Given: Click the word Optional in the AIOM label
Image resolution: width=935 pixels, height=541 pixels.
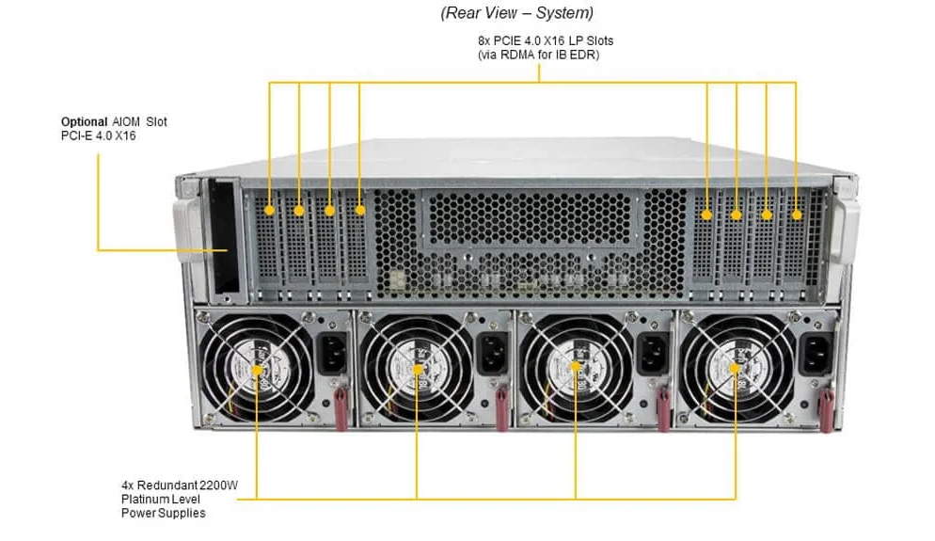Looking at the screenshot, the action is [84, 121].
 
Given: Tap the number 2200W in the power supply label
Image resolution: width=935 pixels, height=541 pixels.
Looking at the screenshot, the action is [219, 485].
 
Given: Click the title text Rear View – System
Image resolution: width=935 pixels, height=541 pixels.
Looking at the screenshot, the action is [517, 12].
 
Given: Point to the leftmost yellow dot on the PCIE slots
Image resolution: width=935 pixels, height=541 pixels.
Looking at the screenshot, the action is [270, 210].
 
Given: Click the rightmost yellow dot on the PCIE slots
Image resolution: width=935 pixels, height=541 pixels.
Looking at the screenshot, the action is [797, 215].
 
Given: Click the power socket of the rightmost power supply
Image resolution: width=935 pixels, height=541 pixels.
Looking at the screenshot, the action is [816, 355].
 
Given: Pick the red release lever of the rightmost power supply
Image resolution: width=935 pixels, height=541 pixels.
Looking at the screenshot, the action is [827, 410].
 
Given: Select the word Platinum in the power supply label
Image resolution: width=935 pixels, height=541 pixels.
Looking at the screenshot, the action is [145, 500].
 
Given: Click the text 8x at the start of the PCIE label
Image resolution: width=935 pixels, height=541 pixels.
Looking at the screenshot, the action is [484, 40].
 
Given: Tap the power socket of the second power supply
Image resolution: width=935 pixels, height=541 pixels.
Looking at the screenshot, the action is [493, 355].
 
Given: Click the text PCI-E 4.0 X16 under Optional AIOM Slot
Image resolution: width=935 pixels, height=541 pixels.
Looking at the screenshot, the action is [99, 136].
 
